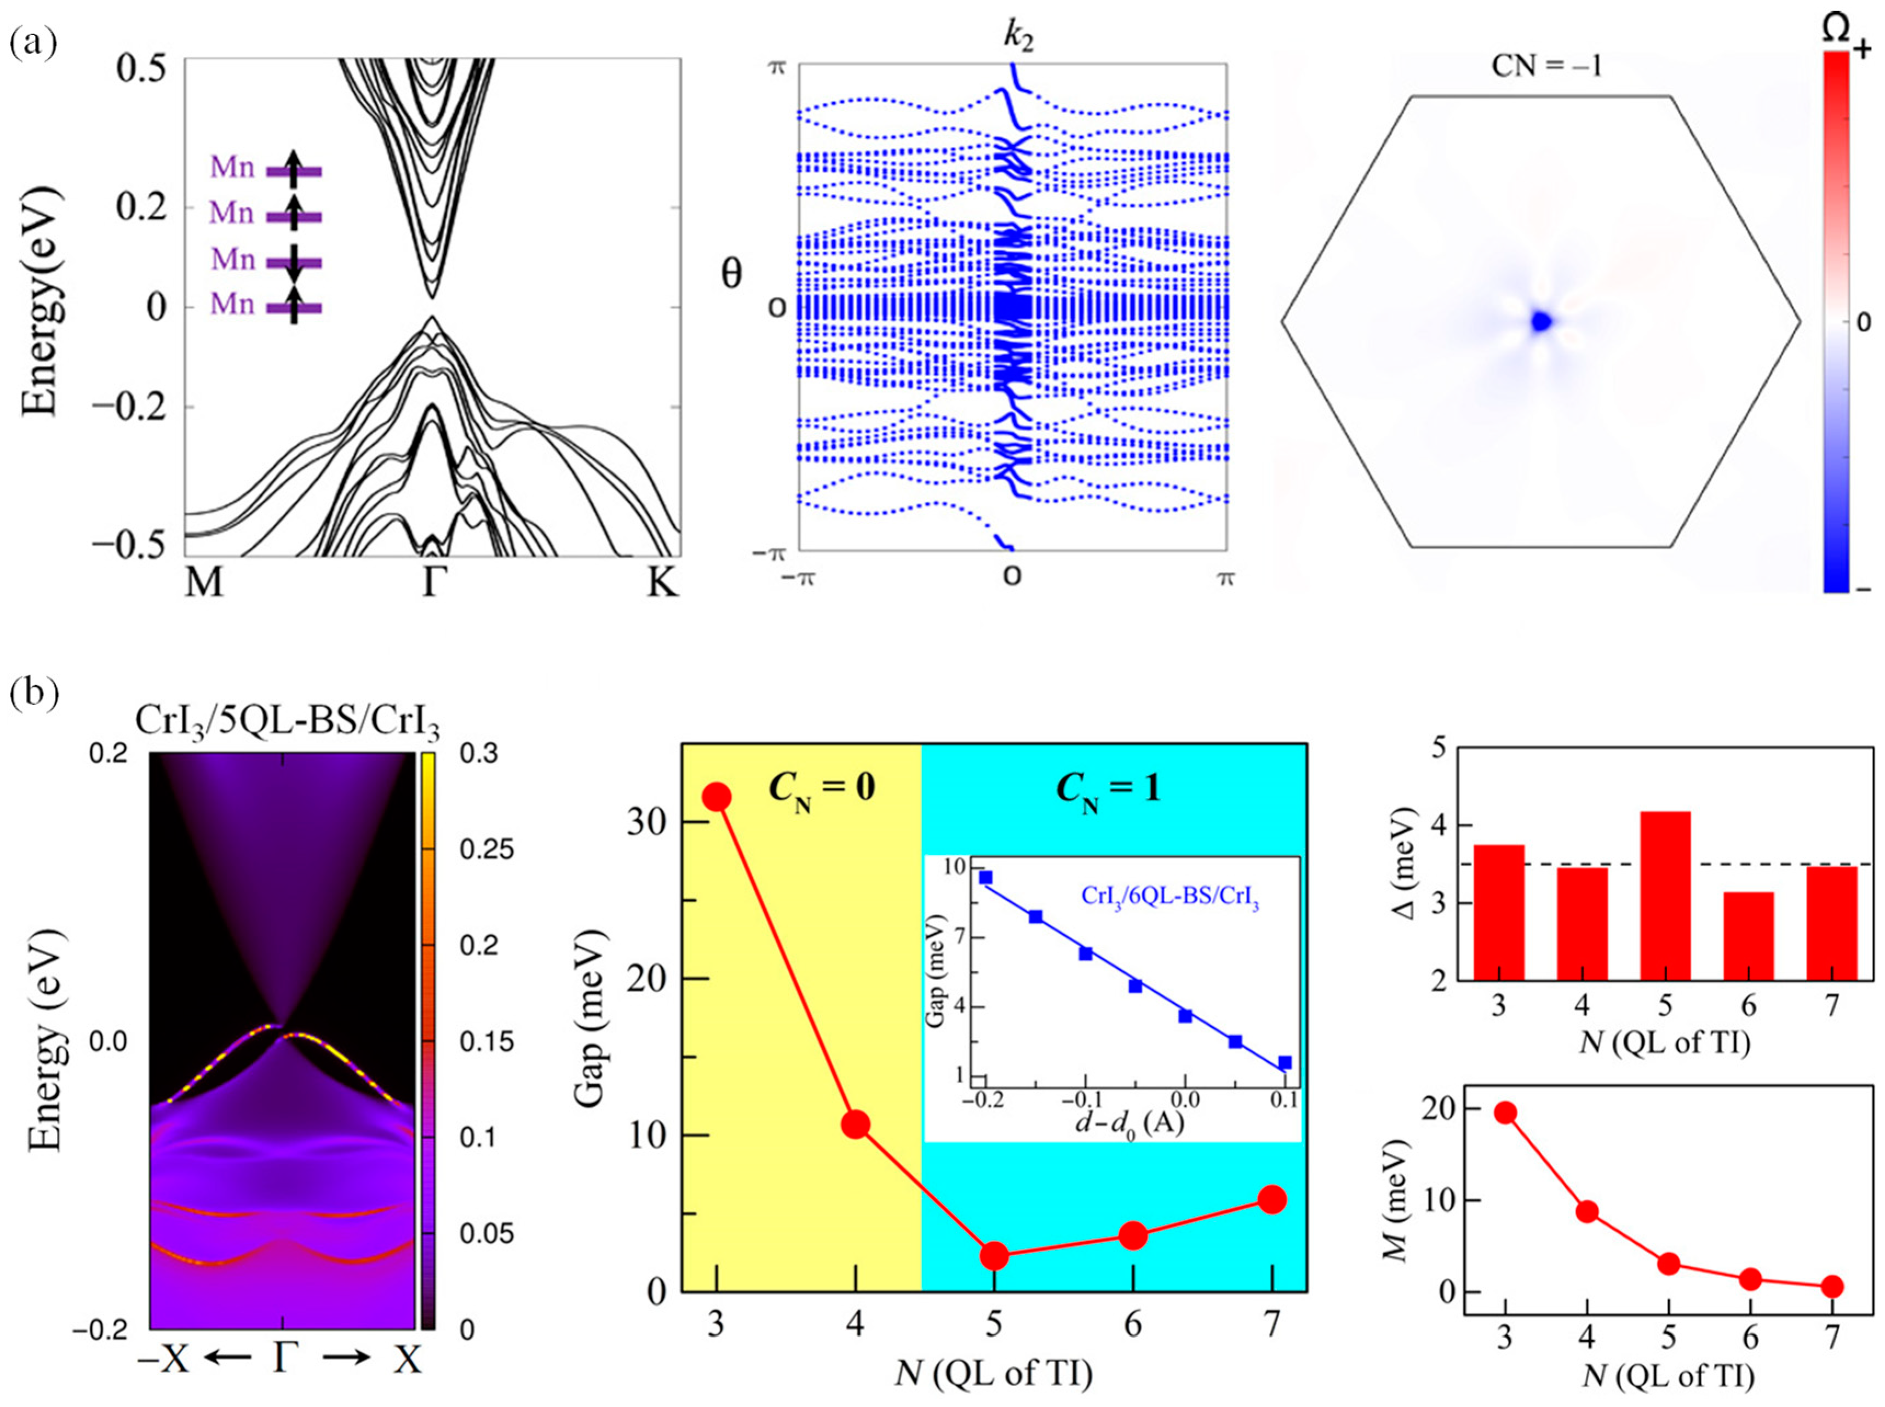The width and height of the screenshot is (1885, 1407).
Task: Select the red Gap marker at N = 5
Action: click(x=994, y=1255)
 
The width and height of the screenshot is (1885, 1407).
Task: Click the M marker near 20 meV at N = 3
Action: click(x=1505, y=1112)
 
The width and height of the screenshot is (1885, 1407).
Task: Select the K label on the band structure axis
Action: click(x=662, y=582)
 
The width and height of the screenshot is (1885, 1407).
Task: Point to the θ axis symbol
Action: click(x=731, y=275)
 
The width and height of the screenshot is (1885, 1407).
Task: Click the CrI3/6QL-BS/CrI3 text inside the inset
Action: click(x=1169, y=897)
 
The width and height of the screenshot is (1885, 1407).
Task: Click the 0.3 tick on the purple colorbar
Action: click(x=480, y=753)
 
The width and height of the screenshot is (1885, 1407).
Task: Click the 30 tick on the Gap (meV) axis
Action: click(x=647, y=822)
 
